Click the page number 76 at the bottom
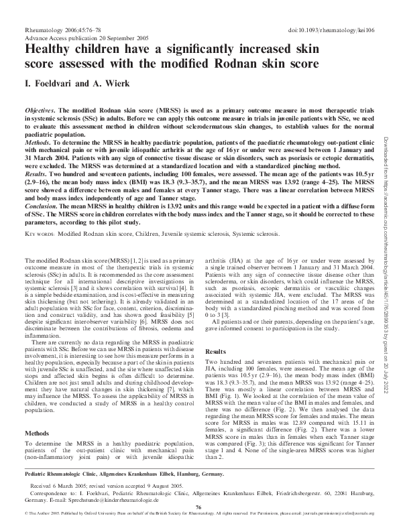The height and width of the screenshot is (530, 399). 198,508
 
